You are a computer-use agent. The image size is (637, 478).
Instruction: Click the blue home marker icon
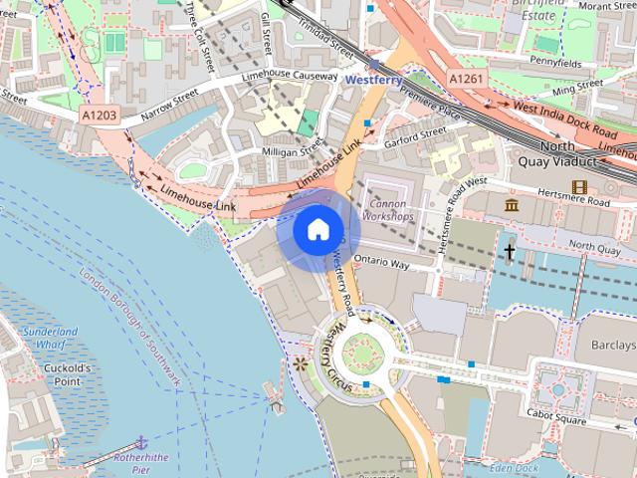point(318,230)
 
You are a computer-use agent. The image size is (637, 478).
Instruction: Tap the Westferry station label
point(373,78)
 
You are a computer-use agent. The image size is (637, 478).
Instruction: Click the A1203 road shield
point(99,117)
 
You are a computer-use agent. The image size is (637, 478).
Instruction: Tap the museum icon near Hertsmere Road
point(512,205)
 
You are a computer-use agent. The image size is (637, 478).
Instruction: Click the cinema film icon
point(579,186)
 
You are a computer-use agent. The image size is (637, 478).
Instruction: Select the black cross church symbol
point(510,251)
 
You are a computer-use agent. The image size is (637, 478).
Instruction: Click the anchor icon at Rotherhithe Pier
point(141,440)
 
